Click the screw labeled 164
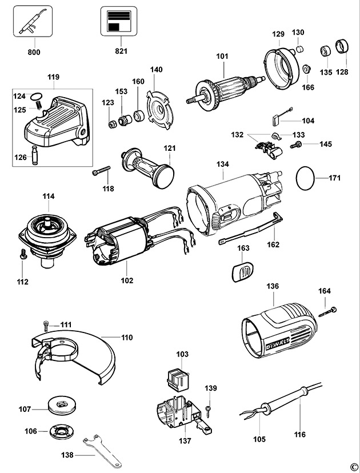click(x=329, y=310)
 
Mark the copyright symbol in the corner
click(x=354, y=467)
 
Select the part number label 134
click(x=223, y=165)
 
